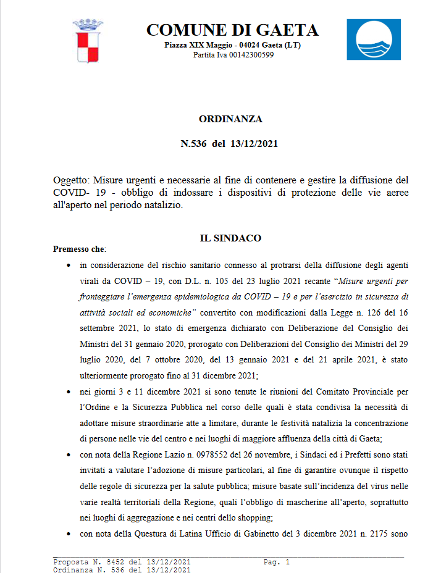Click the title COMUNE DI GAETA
(x=232, y=30)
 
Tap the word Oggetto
(x=72, y=180)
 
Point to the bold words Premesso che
(x=79, y=249)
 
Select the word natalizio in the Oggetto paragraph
(x=162, y=206)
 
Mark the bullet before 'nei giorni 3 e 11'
(x=67, y=391)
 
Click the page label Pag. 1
(x=276, y=562)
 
